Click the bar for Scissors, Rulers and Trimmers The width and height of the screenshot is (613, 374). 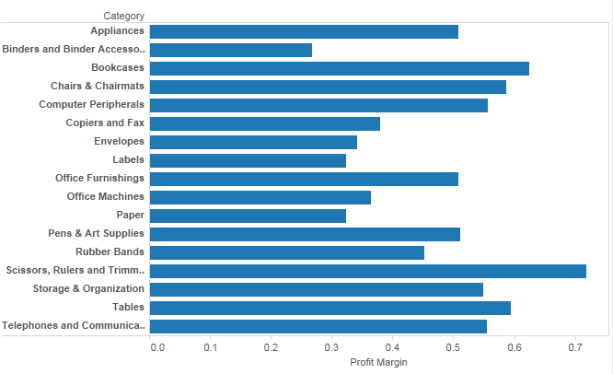(x=368, y=271)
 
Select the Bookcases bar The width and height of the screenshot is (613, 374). (x=340, y=68)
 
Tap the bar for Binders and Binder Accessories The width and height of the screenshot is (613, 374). (x=231, y=50)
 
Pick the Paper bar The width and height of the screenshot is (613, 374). (x=249, y=216)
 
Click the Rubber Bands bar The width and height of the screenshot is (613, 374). (x=287, y=252)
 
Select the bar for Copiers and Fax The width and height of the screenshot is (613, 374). (x=265, y=123)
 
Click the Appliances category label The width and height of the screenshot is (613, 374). (x=117, y=31)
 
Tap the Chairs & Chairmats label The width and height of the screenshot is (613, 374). (x=98, y=87)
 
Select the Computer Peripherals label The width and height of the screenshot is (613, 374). (x=91, y=105)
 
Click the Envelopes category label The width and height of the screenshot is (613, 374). (x=119, y=142)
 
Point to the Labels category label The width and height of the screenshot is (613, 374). (x=128, y=160)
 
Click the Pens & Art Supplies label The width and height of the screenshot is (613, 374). (x=96, y=234)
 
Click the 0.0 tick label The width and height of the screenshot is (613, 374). (x=156, y=348)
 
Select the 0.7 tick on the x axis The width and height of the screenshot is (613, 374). (x=576, y=348)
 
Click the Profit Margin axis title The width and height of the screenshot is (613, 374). (x=378, y=363)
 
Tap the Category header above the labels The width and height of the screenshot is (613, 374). (x=123, y=16)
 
